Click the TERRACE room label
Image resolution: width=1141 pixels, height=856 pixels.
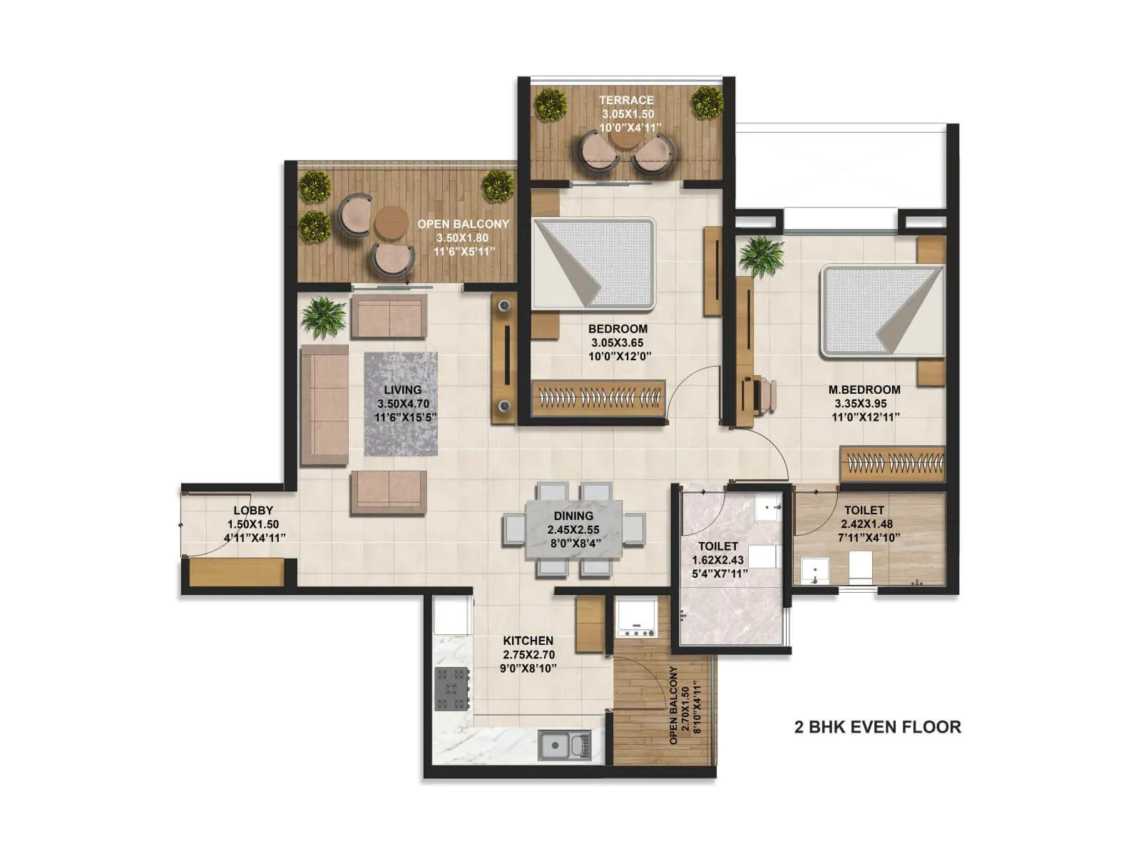click(x=626, y=100)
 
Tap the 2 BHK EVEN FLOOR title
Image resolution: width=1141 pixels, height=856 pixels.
click(x=877, y=727)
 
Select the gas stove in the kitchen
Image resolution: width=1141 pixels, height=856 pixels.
click(x=451, y=688)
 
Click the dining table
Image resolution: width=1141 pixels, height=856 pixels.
click(x=574, y=529)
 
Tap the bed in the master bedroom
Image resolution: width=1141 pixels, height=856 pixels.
click(x=881, y=311)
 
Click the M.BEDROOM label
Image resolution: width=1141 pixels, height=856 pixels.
click(x=864, y=389)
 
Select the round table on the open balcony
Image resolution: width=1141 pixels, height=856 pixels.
click(x=391, y=223)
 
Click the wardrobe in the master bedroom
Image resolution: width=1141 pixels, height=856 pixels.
click(x=893, y=464)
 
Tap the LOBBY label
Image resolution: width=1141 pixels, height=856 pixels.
click(x=253, y=510)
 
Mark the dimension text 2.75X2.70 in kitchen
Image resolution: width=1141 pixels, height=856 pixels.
click(x=528, y=654)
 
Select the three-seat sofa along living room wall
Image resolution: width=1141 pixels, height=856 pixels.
click(x=324, y=404)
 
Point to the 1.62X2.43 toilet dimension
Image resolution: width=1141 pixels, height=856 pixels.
click(x=718, y=560)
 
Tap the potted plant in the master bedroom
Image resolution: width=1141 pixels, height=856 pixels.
click(x=762, y=255)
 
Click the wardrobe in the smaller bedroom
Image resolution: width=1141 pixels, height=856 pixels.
click(x=598, y=398)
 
